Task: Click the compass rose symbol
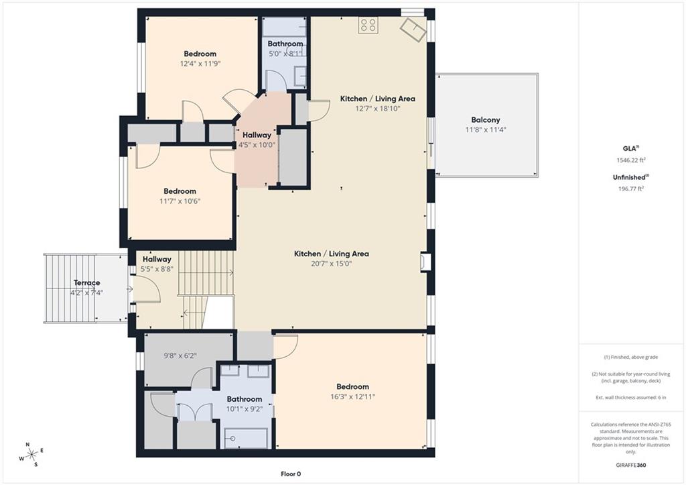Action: [x=32, y=455]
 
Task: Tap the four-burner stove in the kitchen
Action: [x=368, y=25]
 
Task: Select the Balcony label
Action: [x=485, y=119]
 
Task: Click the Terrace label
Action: [x=86, y=282]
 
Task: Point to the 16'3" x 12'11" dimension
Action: [x=352, y=396]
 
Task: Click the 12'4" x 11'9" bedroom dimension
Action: [x=200, y=64]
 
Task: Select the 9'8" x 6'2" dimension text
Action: [x=180, y=356]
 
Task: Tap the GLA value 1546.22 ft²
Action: [x=630, y=160]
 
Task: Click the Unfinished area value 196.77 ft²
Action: [x=630, y=188]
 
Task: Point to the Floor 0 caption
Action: [x=291, y=474]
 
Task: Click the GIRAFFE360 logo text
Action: [x=630, y=465]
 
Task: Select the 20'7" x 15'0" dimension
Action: [x=331, y=264]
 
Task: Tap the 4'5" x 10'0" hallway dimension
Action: [x=257, y=145]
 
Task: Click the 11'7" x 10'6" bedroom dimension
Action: [x=180, y=201]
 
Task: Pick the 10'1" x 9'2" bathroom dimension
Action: [x=244, y=409]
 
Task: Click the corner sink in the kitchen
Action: [x=413, y=30]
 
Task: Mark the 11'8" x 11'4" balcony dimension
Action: [x=485, y=129]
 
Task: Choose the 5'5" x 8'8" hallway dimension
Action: [x=157, y=269]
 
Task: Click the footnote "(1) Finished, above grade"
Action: [x=630, y=357]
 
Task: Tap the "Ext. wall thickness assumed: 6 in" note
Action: [x=630, y=397]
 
